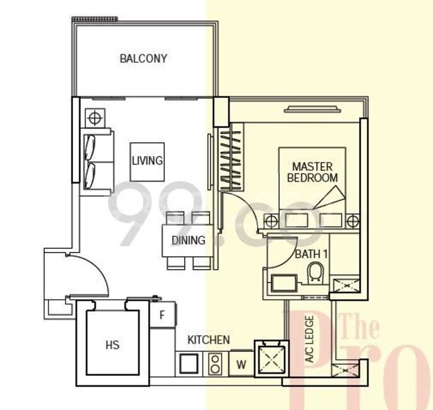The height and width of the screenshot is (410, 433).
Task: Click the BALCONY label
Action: pyautogui.click(x=143, y=58)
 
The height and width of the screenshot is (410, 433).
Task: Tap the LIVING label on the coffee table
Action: pyautogui.click(x=147, y=161)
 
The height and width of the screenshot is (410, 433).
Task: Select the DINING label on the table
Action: pyautogui.click(x=188, y=240)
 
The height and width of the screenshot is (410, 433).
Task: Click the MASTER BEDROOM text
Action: pyautogui.click(x=312, y=172)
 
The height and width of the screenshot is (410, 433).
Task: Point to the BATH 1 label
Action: pyautogui.click(x=311, y=254)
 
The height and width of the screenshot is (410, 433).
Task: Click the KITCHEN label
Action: pyautogui.click(x=208, y=340)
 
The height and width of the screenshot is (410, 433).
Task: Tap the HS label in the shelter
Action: pyautogui.click(x=113, y=345)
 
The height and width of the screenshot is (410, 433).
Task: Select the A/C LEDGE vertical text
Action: pyautogui.click(x=309, y=339)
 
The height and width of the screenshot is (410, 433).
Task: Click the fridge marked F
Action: pyautogui.click(x=163, y=315)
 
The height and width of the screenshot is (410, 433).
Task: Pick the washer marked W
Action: pyautogui.click(x=241, y=364)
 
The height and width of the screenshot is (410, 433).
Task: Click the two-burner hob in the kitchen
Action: pyautogui.click(x=215, y=364)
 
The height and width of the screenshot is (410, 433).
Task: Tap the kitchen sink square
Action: pyautogui.click(x=189, y=364)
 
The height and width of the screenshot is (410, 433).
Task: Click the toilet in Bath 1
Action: pyautogui.click(x=316, y=272)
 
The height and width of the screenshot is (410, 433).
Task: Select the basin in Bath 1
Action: pyautogui.click(x=284, y=283)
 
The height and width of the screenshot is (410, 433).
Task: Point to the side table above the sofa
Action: pyautogui.click(x=95, y=118)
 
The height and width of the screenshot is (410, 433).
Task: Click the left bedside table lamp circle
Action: pyautogui.click(x=271, y=221)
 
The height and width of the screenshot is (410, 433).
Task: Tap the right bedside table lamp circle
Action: pyautogui.click(x=353, y=221)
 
